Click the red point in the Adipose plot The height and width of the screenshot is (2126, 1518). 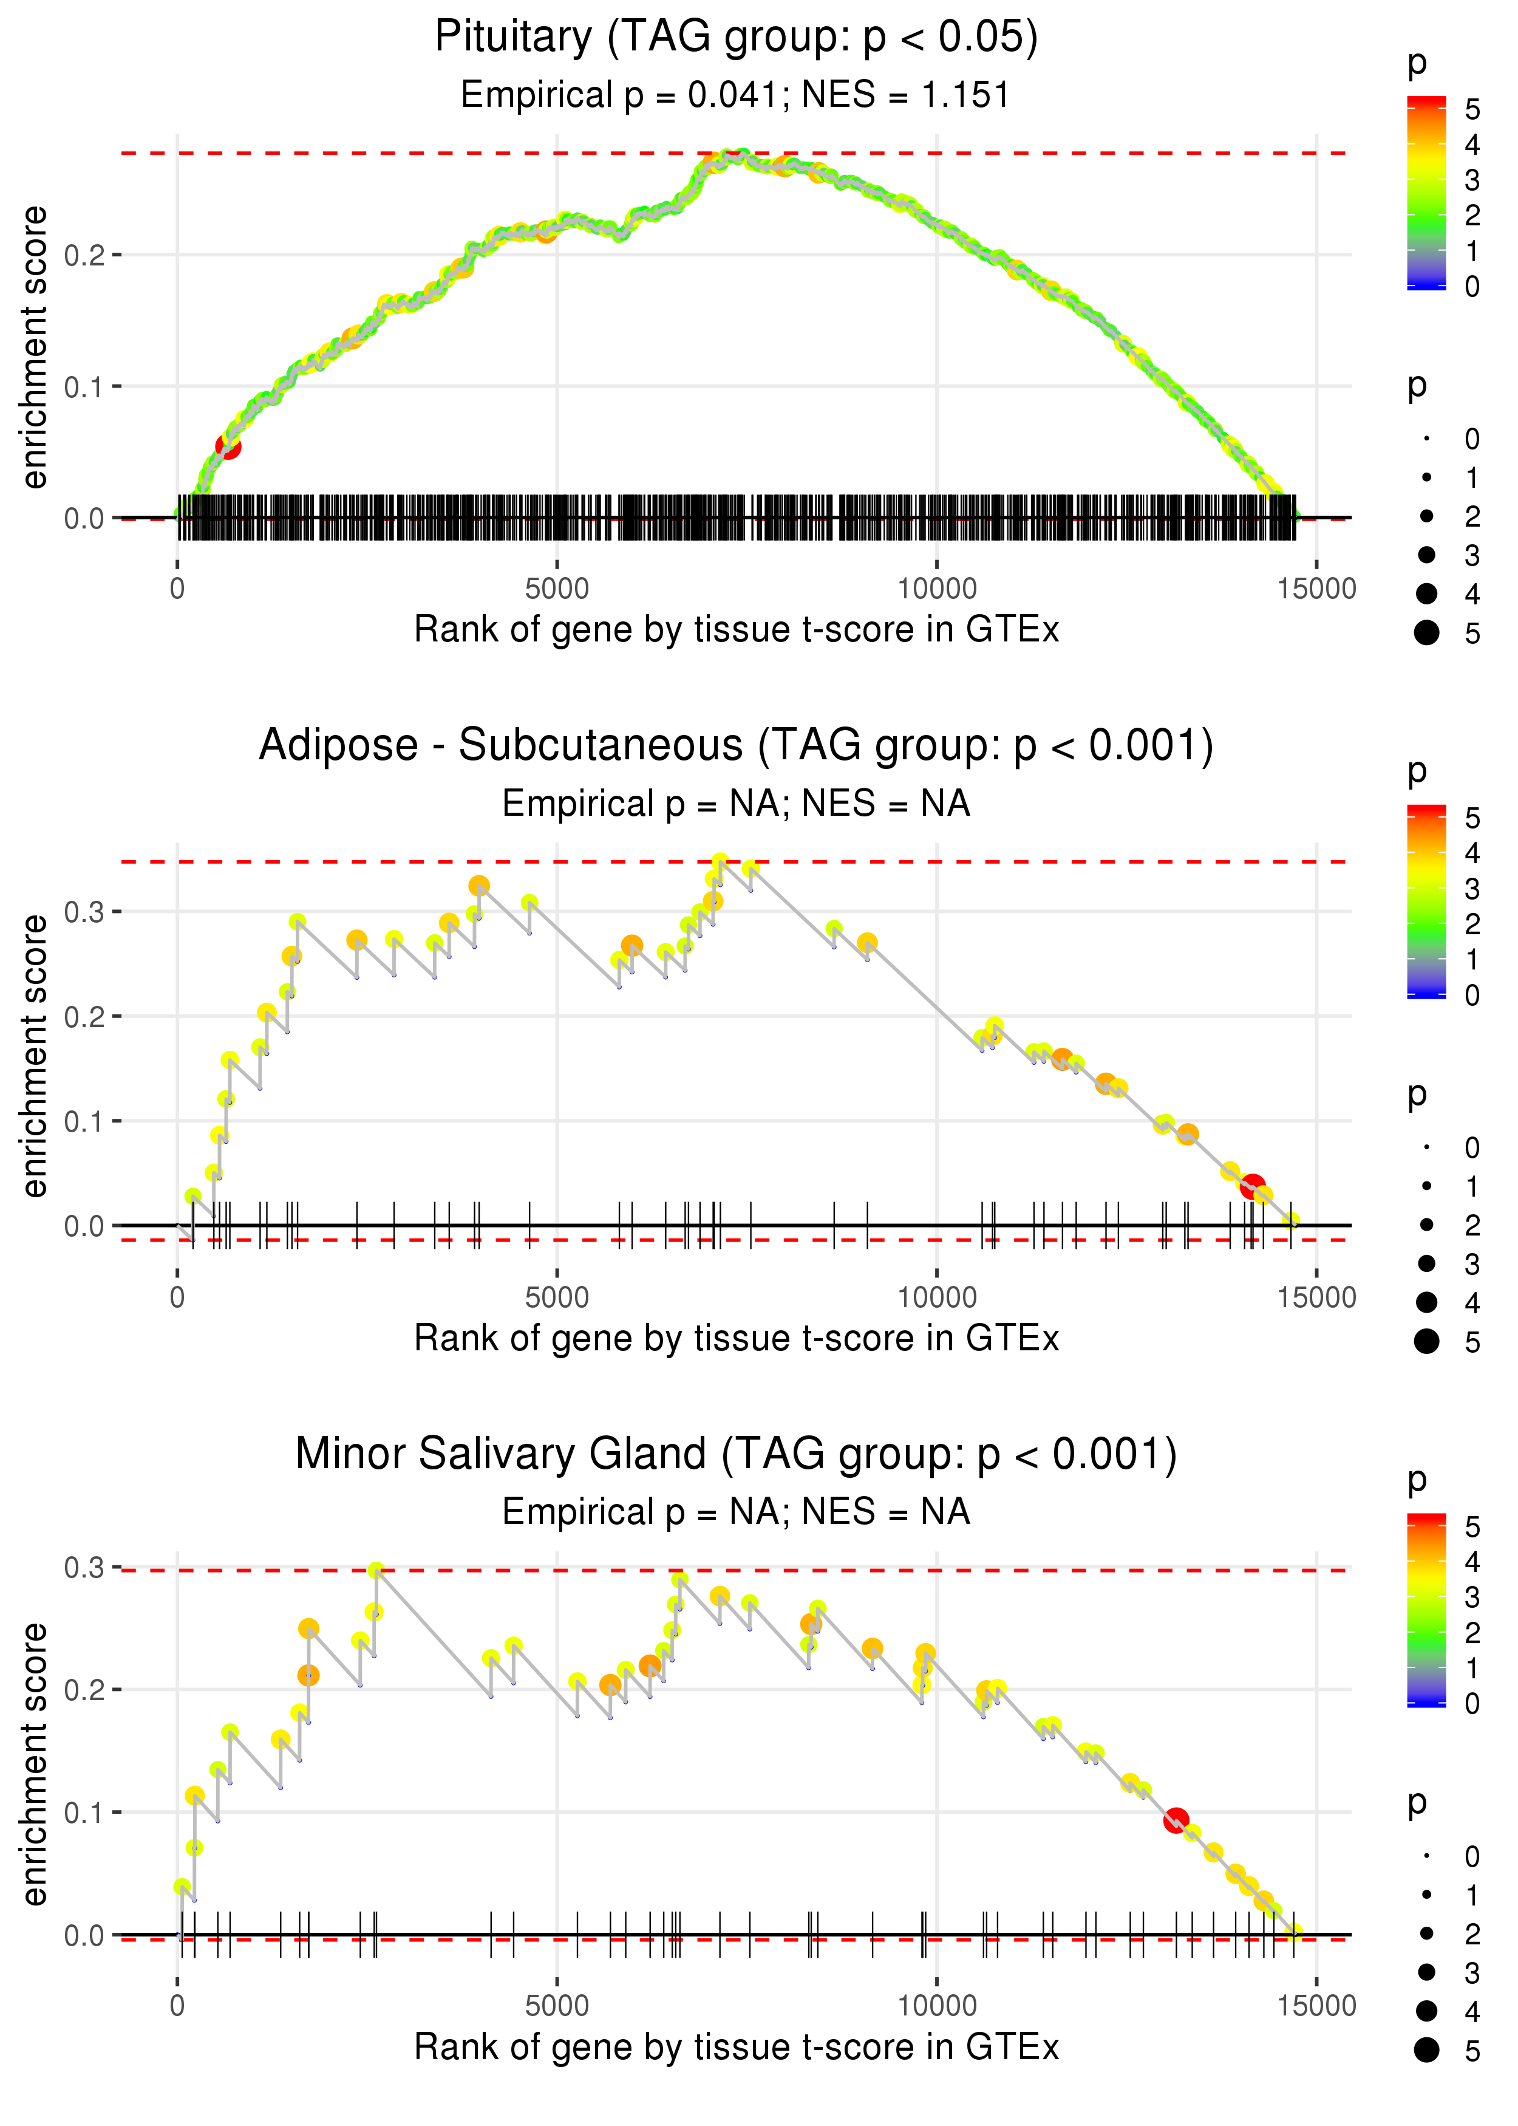[1253, 1186]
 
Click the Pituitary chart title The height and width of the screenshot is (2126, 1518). [737, 38]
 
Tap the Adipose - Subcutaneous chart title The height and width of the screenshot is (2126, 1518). [737, 746]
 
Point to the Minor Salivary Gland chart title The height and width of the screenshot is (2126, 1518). [737, 1454]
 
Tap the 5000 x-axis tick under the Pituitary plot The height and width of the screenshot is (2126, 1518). [557, 589]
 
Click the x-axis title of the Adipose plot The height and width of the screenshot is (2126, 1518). [737, 1339]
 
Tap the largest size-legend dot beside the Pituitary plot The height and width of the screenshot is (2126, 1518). [1426, 633]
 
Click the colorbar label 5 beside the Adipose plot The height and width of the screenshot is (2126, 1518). [1472, 819]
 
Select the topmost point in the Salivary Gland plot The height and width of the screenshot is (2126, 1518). [376, 1571]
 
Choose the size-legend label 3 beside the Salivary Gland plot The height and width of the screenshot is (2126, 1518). [1472, 1973]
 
